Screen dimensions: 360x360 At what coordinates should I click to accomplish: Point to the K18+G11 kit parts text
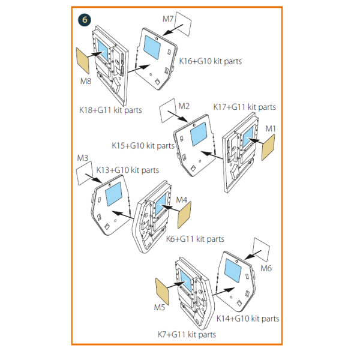[x=110, y=110]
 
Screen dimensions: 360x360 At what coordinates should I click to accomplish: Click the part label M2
[x=184, y=106]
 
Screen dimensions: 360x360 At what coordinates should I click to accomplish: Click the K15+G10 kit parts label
[x=143, y=146]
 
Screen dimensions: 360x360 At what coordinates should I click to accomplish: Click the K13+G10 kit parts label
[x=128, y=170]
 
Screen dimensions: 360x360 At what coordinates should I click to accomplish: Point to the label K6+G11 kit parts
[x=194, y=239]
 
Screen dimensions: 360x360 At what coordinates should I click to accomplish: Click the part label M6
[x=266, y=268]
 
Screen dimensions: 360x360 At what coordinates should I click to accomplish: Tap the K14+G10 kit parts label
[x=247, y=319]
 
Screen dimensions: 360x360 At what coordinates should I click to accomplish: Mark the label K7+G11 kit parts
[x=186, y=334]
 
